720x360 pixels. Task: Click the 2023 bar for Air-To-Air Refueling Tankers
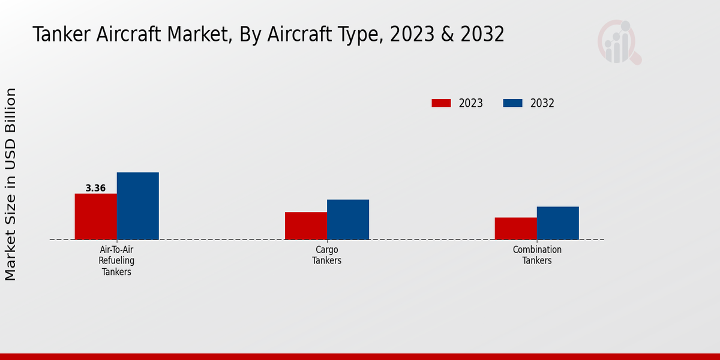[95, 217]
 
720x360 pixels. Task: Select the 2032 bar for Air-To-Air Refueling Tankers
[137, 206]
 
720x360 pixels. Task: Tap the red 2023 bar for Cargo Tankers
[305, 226]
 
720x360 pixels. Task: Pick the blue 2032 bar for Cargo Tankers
[347, 220]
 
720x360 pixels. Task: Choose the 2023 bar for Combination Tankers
[515, 229]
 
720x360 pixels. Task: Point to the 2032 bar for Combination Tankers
[557, 223]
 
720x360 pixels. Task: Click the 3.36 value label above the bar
[95, 188]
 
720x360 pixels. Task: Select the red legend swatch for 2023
[441, 103]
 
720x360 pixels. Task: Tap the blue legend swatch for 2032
[512, 103]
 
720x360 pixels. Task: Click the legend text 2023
[471, 103]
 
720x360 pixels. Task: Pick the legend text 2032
[542, 103]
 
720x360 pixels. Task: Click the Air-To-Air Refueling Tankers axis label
[116, 260]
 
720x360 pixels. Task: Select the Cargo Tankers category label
[326, 255]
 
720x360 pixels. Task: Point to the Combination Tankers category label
[536, 255]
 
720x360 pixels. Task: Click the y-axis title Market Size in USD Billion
[11, 184]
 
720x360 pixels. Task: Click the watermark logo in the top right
[619, 42]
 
